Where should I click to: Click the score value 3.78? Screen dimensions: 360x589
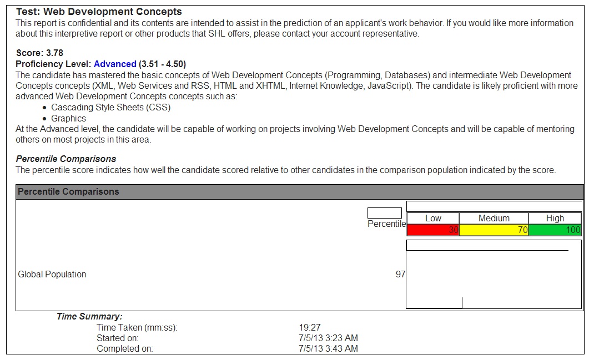(54, 53)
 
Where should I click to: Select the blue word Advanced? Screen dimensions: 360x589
(115, 64)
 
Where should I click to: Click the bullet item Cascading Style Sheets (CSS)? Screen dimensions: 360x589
(111, 108)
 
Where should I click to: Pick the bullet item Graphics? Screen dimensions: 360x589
(69, 118)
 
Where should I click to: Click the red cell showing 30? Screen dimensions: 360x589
(433, 230)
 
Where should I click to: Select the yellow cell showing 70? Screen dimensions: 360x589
(494, 230)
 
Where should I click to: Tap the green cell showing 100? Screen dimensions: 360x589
(555, 230)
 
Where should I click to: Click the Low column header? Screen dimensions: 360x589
(433, 218)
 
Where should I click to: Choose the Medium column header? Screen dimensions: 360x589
(494, 218)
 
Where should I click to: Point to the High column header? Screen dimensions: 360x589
(555, 218)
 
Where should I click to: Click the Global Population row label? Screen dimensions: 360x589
(52, 274)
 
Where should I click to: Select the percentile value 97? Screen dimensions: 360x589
(400, 274)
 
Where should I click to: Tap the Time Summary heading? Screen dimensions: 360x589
(89, 317)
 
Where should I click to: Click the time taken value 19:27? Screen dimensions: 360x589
(309, 328)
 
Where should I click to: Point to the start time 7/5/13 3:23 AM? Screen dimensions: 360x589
(328, 338)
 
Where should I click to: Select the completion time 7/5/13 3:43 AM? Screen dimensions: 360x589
(328, 349)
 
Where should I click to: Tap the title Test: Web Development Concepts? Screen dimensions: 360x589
(99, 12)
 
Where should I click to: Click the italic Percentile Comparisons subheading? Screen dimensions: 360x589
(66, 159)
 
